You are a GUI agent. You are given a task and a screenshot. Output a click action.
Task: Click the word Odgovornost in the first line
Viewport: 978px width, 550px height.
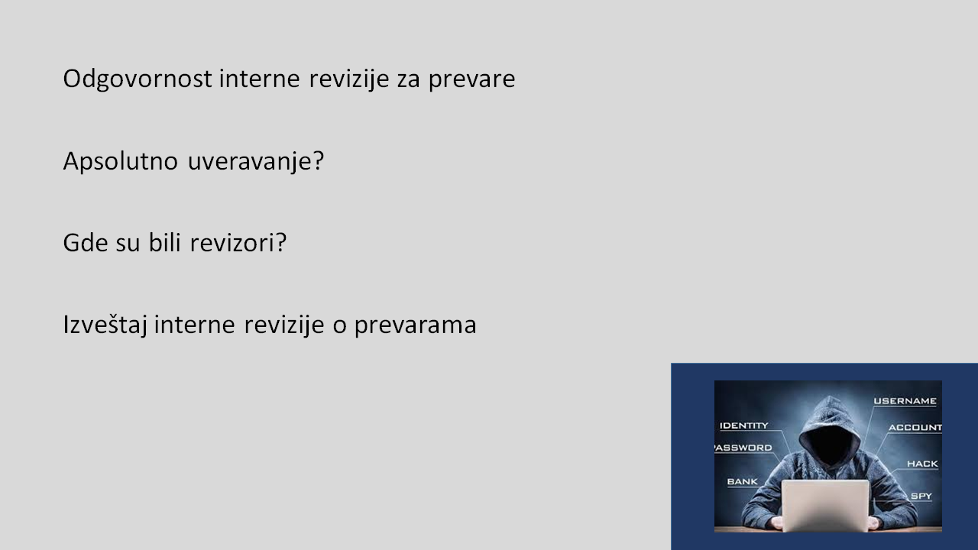(x=138, y=79)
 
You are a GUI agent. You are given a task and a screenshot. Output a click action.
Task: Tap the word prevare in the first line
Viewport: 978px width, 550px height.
(x=471, y=80)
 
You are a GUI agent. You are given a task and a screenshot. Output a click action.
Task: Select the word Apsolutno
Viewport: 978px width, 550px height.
(x=121, y=161)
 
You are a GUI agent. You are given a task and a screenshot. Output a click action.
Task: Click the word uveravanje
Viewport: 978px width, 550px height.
(x=256, y=162)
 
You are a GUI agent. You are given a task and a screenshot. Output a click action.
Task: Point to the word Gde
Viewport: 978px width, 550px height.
(x=86, y=243)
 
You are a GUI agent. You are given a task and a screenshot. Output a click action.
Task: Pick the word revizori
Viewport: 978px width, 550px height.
(x=238, y=243)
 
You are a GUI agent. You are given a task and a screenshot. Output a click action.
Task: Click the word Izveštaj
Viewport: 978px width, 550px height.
(x=105, y=325)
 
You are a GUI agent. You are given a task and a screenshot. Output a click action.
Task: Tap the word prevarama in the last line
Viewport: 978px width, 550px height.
(x=415, y=326)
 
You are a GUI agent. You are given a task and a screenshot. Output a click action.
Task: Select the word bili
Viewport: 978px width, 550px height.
(x=164, y=243)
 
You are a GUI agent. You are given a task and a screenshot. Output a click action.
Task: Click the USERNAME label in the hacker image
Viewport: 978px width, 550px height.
(x=905, y=401)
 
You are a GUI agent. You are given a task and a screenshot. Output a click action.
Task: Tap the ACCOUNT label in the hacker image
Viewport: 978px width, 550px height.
(x=915, y=427)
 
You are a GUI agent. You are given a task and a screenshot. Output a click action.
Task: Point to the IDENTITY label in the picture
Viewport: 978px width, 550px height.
(x=744, y=425)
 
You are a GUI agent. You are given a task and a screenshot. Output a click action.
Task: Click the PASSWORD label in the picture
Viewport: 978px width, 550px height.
(x=743, y=448)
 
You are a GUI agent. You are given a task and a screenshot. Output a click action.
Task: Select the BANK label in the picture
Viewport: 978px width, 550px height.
(x=742, y=481)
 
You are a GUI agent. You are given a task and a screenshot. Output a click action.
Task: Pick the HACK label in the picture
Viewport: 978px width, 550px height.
(x=922, y=464)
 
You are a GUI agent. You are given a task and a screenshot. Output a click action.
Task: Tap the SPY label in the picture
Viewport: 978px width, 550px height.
(x=921, y=496)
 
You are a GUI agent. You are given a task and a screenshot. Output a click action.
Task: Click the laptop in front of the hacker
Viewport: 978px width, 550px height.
(x=825, y=506)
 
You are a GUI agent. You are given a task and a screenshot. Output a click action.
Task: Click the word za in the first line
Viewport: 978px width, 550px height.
(x=409, y=81)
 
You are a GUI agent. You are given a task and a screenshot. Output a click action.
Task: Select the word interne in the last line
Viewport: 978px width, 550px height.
(x=195, y=325)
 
